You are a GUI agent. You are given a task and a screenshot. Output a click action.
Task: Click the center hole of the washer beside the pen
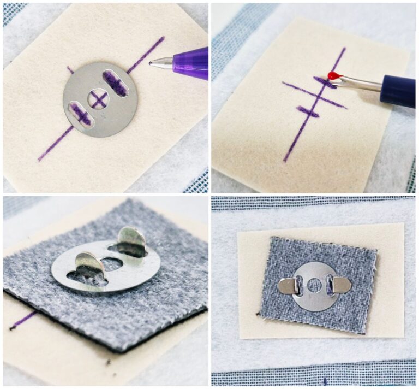coord(98,99)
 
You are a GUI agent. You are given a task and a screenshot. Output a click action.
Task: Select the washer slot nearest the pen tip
coord(115,84)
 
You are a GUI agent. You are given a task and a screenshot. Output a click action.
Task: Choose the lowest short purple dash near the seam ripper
coord(308,111)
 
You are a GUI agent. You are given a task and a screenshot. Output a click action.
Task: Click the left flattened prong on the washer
coord(287,286)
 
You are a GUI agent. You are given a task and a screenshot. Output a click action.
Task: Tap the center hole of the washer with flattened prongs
coord(314,285)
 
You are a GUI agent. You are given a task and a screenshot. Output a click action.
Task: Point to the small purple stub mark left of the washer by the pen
coord(70,69)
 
